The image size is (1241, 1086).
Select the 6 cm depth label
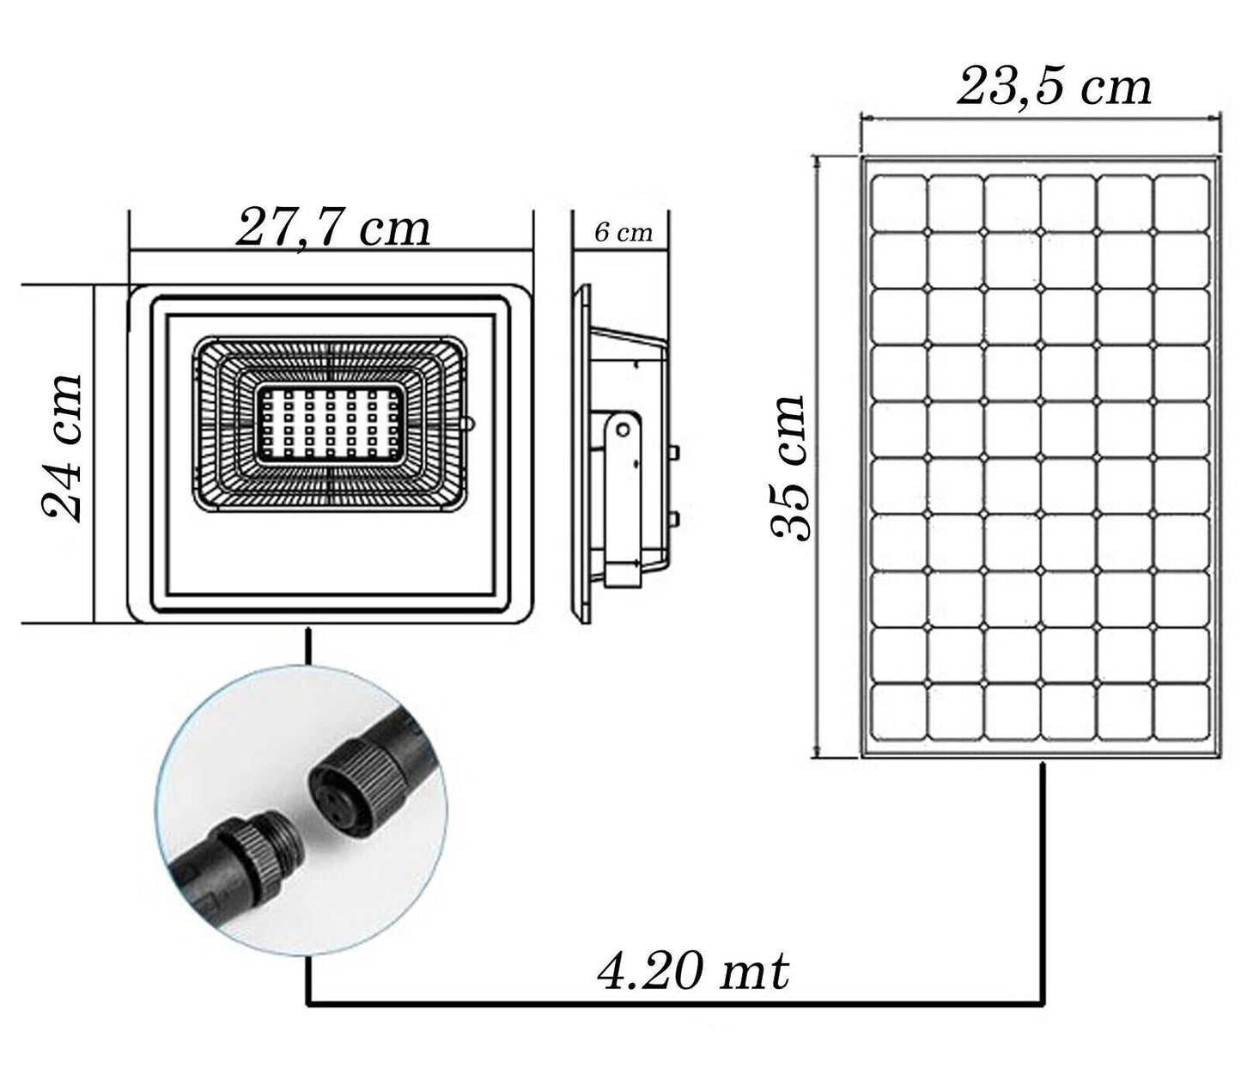tap(624, 232)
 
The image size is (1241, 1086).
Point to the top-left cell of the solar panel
tap(898, 203)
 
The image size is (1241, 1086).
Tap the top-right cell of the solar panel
tap(1181, 203)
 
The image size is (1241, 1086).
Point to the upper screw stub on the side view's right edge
tap(675, 450)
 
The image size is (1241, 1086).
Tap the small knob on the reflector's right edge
tap(469, 424)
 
